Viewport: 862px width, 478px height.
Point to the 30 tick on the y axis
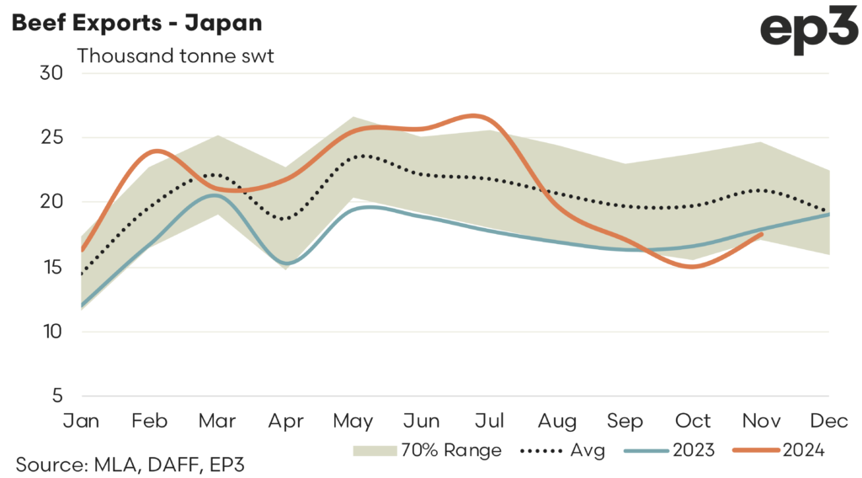coord(52,73)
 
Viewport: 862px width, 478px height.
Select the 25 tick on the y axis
coord(52,138)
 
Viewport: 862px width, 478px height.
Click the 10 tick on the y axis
coord(52,332)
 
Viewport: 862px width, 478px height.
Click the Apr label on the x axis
coord(285,420)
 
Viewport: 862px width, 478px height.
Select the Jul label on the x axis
coord(490,420)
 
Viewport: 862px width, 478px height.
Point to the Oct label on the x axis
coord(694,420)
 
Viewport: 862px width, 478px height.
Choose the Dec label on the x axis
coord(829,420)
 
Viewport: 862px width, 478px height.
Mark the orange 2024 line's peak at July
coord(476,115)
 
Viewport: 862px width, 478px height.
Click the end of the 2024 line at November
coord(762,234)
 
